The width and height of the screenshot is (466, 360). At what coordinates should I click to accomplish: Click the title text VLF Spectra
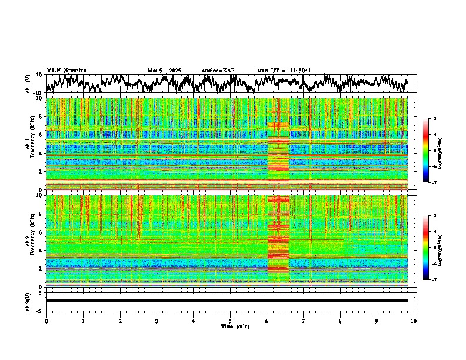pyautogui.click(x=66, y=70)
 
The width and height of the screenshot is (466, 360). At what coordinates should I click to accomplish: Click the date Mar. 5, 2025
pyautogui.click(x=166, y=71)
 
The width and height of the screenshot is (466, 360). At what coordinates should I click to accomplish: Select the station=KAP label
pyautogui.click(x=218, y=71)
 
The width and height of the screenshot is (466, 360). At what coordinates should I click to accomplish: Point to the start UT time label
pyautogui.click(x=284, y=71)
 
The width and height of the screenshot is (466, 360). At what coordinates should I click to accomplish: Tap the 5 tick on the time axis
pyautogui.click(x=230, y=321)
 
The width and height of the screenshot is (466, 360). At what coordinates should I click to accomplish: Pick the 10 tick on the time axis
pyautogui.click(x=414, y=321)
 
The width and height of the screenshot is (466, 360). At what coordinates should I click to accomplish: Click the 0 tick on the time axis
pyautogui.click(x=46, y=321)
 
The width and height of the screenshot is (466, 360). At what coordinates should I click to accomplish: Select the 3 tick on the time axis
pyautogui.click(x=157, y=321)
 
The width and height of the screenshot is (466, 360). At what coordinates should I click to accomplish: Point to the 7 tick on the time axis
pyautogui.click(x=304, y=321)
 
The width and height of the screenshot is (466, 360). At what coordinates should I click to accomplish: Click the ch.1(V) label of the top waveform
pyautogui.click(x=28, y=84)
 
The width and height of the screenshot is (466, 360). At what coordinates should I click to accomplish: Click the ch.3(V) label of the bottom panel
pyautogui.click(x=28, y=301)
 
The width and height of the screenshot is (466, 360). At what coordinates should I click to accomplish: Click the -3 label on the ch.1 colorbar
pyautogui.click(x=434, y=119)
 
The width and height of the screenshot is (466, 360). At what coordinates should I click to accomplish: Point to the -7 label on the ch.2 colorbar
pyautogui.click(x=434, y=280)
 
